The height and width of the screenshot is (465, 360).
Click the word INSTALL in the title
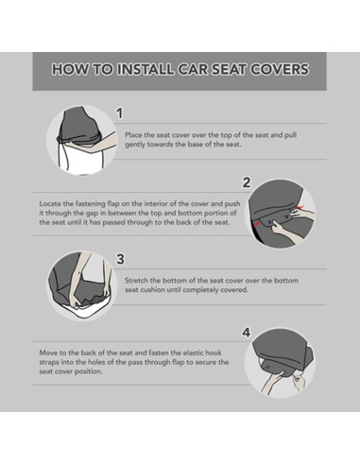tap(146, 69)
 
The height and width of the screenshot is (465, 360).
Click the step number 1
tap(119, 113)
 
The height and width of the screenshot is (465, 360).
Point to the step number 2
tap(247, 182)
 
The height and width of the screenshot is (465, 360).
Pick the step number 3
tap(120, 259)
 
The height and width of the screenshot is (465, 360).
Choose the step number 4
tap(247, 333)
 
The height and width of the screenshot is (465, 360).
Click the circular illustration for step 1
tap(82, 140)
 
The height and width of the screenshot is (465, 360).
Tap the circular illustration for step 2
tap(281, 214)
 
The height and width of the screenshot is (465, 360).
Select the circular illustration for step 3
tap(82, 286)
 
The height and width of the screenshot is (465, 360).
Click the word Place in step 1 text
tap(133, 135)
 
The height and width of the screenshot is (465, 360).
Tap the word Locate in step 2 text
tap(49, 203)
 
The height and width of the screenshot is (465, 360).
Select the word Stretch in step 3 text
tap(136, 281)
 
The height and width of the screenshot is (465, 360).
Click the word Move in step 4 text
tap(47, 353)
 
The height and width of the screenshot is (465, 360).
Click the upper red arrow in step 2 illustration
tap(300, 207)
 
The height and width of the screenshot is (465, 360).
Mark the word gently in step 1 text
tap(135, 145)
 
